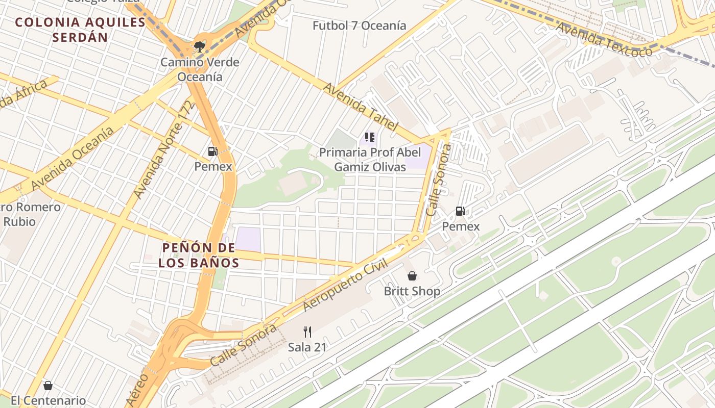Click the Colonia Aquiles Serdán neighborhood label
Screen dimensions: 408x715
point(80,30)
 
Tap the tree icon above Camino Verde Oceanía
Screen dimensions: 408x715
point(200,47)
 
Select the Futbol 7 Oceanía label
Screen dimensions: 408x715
point(360,25)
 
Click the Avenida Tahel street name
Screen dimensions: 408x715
point(361,107)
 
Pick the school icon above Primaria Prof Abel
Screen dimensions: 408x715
point(370,137)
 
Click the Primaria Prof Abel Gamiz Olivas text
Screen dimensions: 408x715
point(370,159)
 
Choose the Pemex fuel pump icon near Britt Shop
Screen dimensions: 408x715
point(461,211)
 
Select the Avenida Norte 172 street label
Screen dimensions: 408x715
point(164,150)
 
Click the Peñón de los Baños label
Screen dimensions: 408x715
point(199,256)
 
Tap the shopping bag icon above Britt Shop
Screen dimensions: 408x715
point(412,276)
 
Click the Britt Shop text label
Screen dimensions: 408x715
point(412,292)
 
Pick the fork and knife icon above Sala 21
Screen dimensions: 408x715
point(307,332)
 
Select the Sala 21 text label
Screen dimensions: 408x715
point(307,347)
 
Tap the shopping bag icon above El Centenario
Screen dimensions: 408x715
point(48,386)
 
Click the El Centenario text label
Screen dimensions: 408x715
point(48,401)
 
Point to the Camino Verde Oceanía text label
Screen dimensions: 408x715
point(200,69)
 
